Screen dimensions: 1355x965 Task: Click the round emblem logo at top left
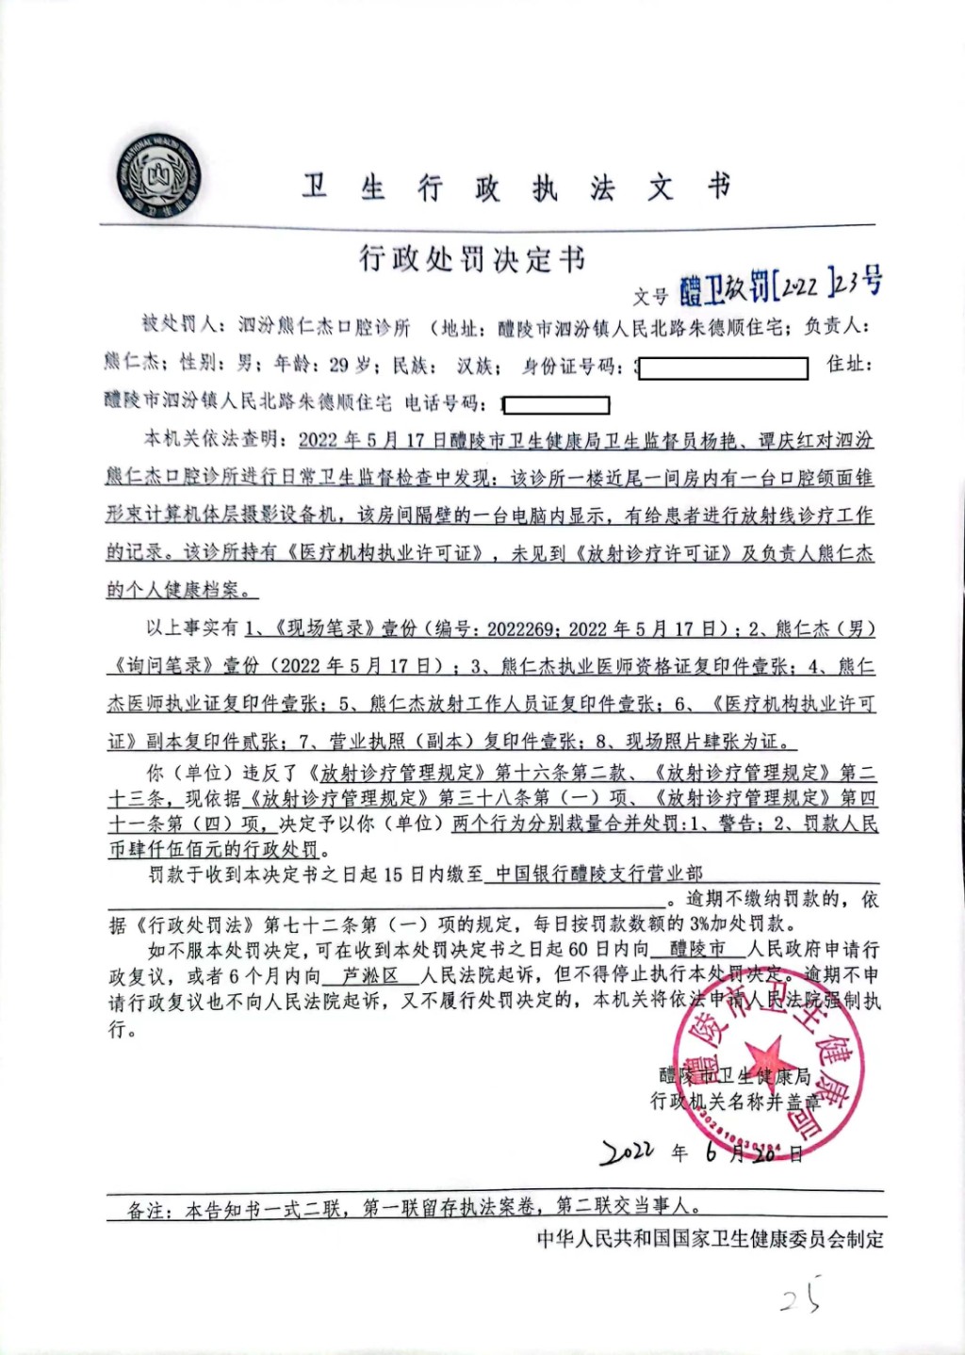[159, 176]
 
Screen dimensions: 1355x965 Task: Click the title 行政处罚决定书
[471, 257]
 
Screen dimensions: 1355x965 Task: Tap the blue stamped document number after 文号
[780, 284]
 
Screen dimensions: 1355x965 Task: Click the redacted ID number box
[723, 367]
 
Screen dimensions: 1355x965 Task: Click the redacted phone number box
[557, 405]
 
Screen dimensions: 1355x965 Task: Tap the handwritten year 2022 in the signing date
[628, 1151]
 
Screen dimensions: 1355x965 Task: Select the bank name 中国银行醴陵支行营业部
[597, 873]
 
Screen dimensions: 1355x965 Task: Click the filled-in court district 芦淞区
[369, 975]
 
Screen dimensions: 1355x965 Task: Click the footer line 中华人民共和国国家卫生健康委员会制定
[710, 1239]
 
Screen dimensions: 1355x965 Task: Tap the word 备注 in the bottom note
[148, 1210]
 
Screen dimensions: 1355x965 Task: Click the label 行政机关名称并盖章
[734, 1101]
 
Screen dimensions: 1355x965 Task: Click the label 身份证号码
[570, 366]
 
